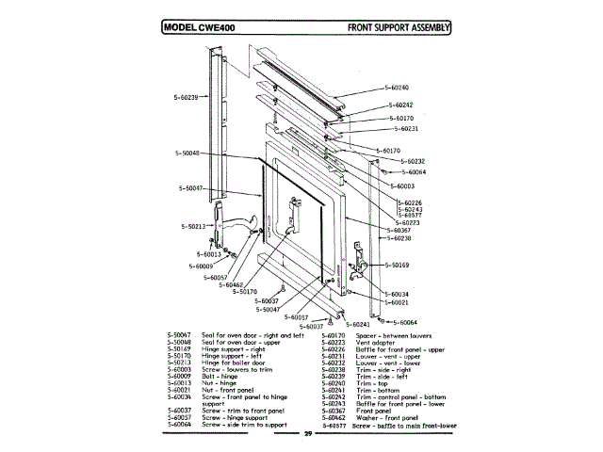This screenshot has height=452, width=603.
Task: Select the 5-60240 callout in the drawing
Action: [397, 88]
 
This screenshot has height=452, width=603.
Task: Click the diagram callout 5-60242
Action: [400, 105]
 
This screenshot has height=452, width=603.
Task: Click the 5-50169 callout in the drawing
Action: [396, 266]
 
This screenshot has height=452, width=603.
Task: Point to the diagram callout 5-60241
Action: [353, 324]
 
